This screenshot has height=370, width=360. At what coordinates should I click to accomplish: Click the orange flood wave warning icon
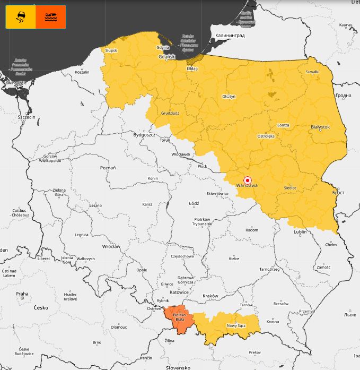pyautogui.click(x=51, y=16)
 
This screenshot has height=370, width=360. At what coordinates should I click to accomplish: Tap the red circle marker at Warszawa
pyautogui.click(x=247, y=180)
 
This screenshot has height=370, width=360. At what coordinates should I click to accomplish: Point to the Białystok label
pyautogui.click(x=320, y=127)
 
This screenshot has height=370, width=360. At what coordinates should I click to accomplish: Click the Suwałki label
pyautogui.click(x=312, y=72)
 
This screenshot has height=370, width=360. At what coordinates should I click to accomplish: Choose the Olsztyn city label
pyautogui.click(x=229, y=97)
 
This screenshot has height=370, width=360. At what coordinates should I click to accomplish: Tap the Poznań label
pyautogui.click(x=108, y=167)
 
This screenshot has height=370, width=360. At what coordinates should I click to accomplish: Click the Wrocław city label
pyautogui.click(x=112, y=246)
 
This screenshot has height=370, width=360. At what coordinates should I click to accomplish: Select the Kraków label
pyautogui.click(x=210, y=295)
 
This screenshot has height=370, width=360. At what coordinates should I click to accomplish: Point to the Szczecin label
pyautogui.click(x=26, y=117)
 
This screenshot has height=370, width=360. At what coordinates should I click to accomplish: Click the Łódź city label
pyautogui.click(x=194, y=203)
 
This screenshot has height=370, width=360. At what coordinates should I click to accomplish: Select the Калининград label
pyautogui.click(x=230, y=35)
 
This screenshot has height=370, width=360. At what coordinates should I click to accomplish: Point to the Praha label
pyautogui.click(x=22, y=294)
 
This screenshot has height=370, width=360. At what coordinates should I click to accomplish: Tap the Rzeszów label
pyautogui.click(x=281, y=304)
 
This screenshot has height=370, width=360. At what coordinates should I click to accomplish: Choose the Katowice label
pyautogui.click(x=179, y=292)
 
